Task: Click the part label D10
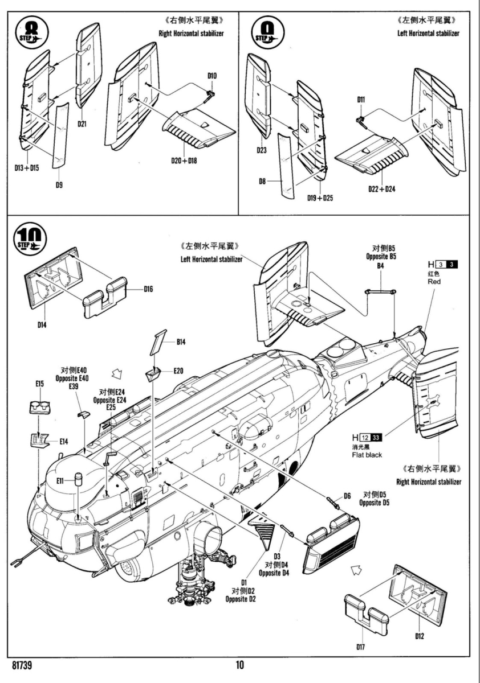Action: coord(212,76)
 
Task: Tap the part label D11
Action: coord(361,100)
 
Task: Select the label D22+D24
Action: coord(382,188)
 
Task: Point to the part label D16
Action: coord(149,289)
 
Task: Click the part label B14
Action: coord(181,342)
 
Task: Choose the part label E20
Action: coord(178,371)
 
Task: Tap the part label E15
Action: coord(39,384)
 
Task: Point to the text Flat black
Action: coord(367,455)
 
